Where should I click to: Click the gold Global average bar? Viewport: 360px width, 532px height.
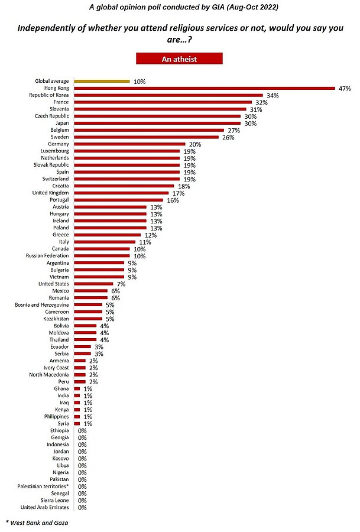point(102,81)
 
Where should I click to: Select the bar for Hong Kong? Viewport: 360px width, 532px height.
point(205,88)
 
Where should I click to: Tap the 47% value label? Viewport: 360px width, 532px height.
point(345,88)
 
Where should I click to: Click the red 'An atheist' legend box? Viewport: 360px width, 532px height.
point(179,59)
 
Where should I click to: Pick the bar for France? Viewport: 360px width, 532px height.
point(163,102)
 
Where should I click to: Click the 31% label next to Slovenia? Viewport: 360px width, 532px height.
point(255,109)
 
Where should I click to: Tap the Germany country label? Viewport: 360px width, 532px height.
point(58,144)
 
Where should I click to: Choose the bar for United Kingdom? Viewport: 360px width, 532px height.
point(121,193)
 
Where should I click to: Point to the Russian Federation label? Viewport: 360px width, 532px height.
point(49,256)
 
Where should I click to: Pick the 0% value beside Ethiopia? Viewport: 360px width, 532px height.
point(82,430)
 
